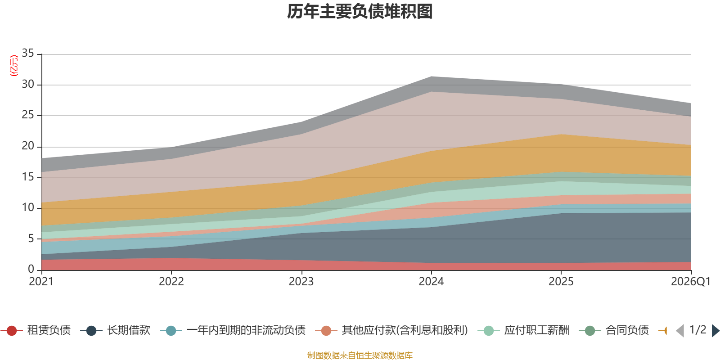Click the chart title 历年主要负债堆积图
[360, 12]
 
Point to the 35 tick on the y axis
[28, 54]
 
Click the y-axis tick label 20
[28, 146]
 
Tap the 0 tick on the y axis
[31, 269]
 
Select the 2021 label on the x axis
[41, 282]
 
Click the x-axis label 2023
[301, 282]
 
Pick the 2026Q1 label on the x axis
[690, 282]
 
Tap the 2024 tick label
[431, 282]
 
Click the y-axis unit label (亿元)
[14, 66]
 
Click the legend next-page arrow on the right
[715, 331]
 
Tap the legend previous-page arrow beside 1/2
[680, 331]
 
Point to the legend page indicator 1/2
[697, 330]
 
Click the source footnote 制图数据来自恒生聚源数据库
[360, 355]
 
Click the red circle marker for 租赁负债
[12, 331]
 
